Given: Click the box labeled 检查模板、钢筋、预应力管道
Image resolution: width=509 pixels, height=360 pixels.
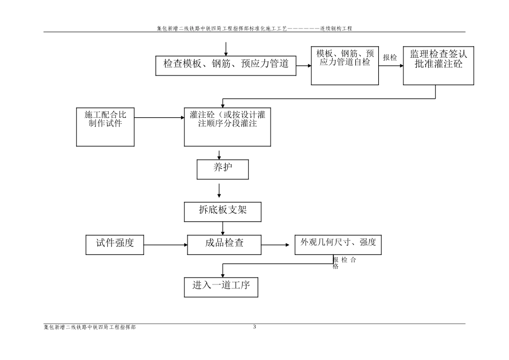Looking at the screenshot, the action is coord(226,64).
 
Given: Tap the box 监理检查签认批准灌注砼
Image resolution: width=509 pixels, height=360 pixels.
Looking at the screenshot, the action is coord(438,65).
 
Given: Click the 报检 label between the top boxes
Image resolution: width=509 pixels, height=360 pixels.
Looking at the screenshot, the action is coord(390,58).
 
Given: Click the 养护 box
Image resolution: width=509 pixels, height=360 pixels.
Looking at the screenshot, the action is coord(222,169).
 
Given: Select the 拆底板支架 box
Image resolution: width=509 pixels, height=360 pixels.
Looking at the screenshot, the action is coord(223,211).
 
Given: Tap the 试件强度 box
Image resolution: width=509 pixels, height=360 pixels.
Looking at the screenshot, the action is coord(115,244).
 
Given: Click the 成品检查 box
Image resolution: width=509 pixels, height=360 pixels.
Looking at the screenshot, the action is coord(224,244).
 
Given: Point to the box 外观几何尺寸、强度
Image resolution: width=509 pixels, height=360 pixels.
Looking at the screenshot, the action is coord(338,244).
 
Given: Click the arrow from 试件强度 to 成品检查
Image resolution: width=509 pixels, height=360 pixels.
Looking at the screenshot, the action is coord(166,245).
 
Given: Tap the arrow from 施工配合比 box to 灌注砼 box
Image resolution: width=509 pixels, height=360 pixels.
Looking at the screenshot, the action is coord(159,118).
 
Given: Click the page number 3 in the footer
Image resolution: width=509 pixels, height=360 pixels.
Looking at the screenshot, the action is coord(254,326).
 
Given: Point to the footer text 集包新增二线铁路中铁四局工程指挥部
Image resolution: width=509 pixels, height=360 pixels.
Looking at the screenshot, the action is coord(89,327).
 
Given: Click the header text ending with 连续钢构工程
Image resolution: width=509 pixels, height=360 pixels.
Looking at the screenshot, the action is coord(254,28).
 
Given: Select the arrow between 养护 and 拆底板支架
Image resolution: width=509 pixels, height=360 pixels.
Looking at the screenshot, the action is coord(219,190).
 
